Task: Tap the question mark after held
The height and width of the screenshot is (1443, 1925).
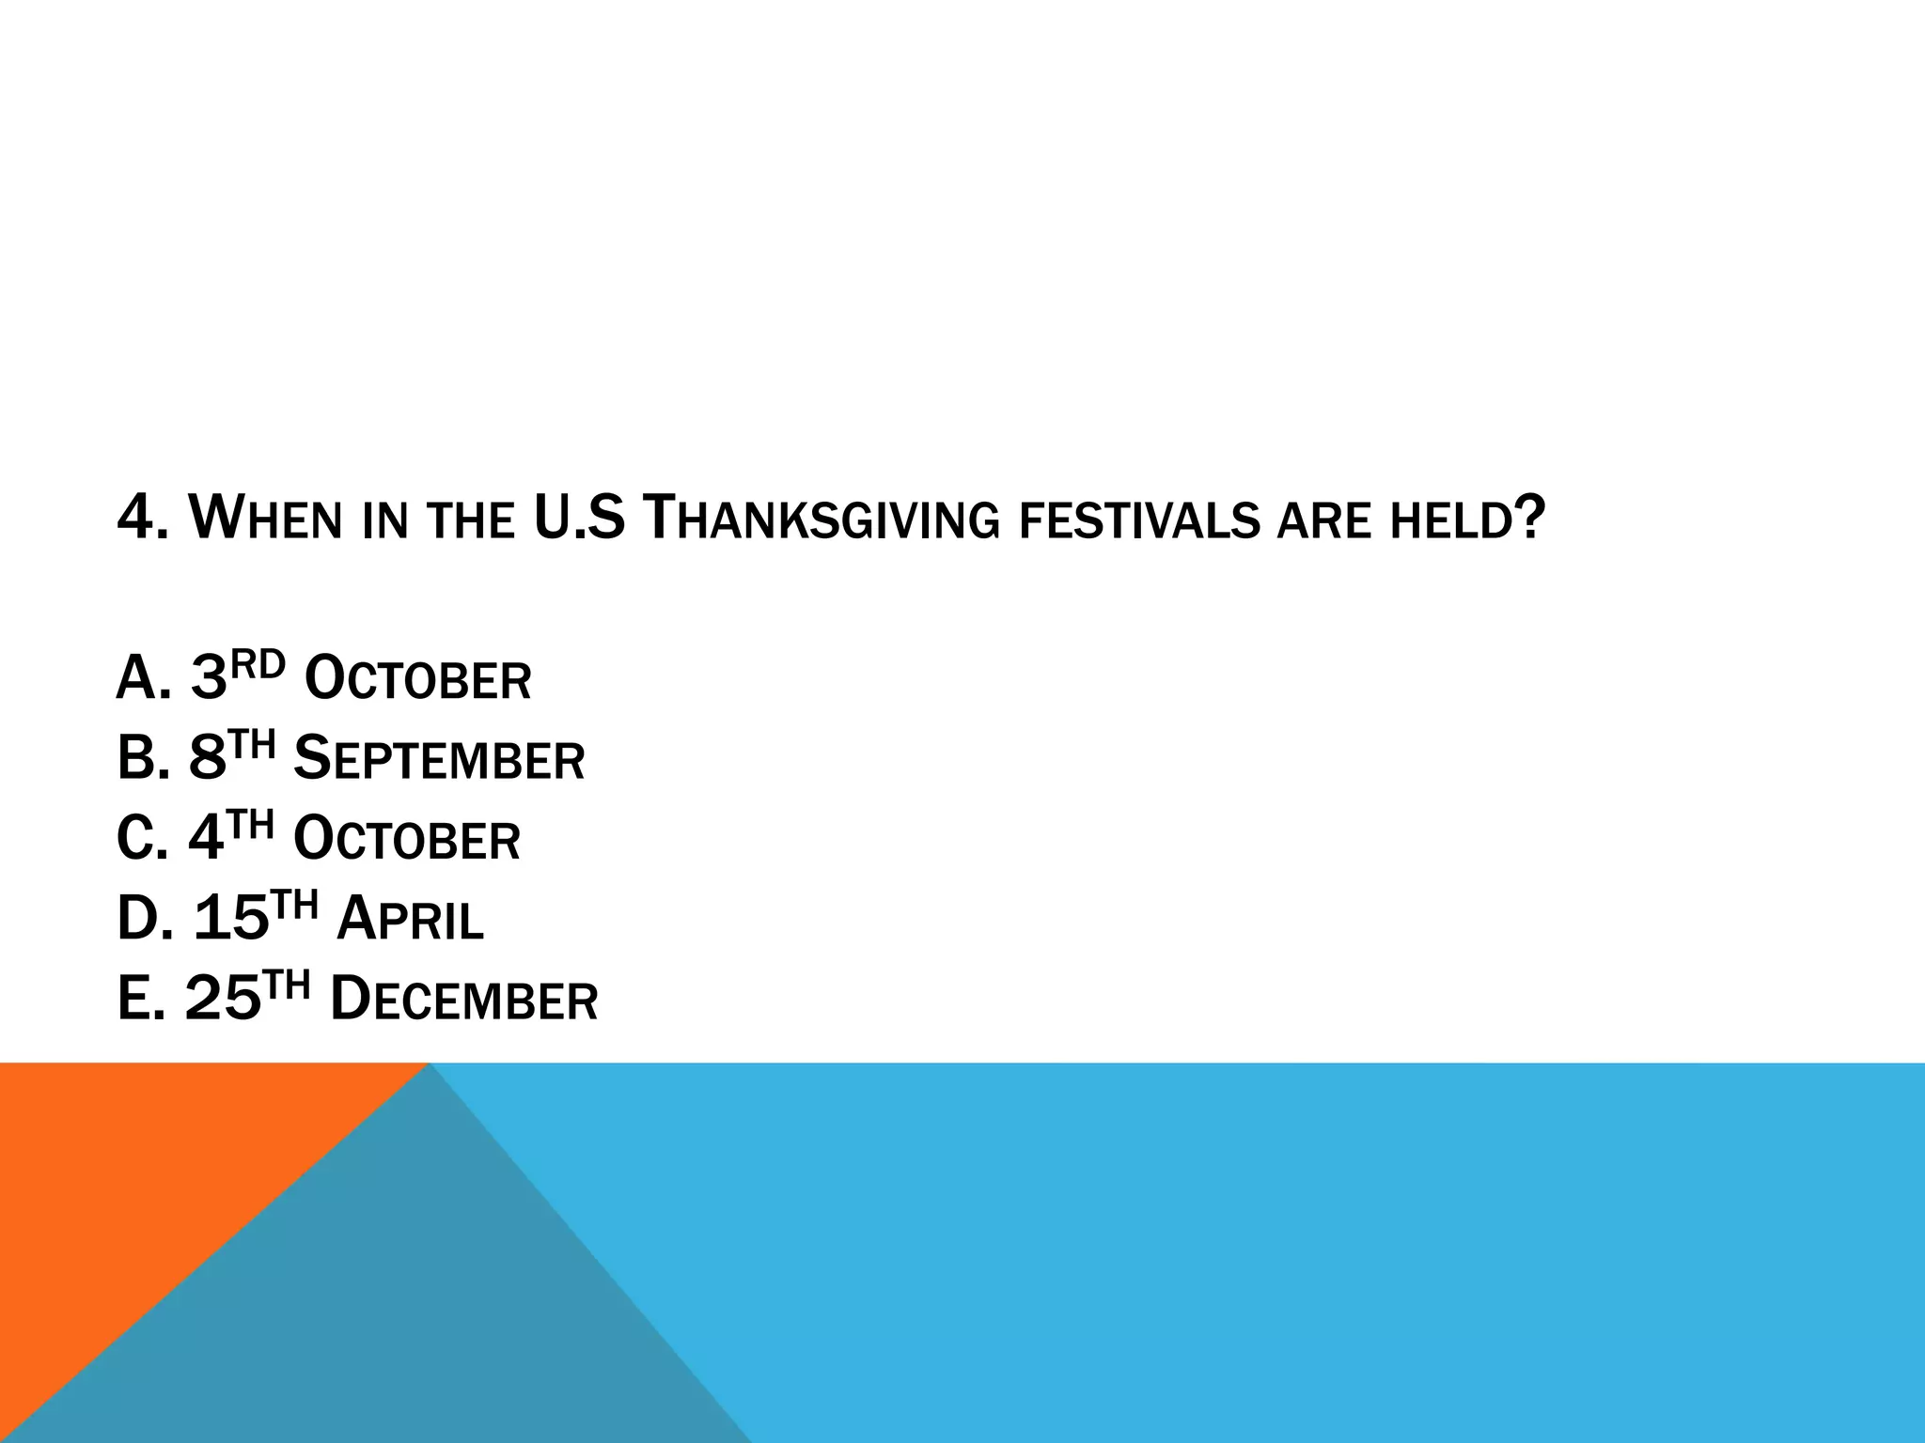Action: tap(1531, 519)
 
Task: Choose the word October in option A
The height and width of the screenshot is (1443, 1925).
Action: tap(418, 679)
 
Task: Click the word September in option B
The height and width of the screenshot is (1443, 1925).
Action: tap(439, 759)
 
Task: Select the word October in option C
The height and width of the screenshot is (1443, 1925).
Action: tap(407, 839)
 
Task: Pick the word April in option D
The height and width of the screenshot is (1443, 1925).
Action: tap(410, 919)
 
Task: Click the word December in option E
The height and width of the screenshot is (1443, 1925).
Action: tap(464, 999)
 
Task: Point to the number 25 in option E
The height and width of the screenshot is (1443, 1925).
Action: tap(223, 999)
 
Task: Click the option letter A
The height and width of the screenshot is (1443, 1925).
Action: tap(135, 679)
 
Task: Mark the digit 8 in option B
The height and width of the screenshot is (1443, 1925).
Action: tap(208, 759)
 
